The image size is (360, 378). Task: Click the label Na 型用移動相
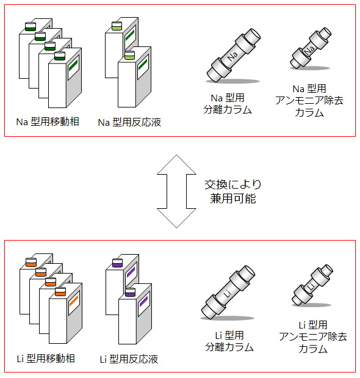(48, 122)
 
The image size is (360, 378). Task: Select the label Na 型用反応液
(129, 122)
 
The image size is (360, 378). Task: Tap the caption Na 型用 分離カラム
(228, 104)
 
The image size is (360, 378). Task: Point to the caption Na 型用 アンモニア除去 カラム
(309, 101)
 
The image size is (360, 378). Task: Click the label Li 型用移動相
(46, 358)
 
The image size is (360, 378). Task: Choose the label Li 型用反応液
(129, 359)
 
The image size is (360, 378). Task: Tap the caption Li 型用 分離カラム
(229, 341)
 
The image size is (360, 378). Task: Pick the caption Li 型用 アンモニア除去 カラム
(313, 336)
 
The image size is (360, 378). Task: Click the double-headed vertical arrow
(176, 191)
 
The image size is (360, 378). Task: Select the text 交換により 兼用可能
(233, 192)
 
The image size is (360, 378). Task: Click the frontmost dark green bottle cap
(60, 56)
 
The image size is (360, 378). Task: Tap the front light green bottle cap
(129, 55)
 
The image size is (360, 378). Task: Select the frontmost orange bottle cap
(60, 292)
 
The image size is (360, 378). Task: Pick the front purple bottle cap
(130, 292)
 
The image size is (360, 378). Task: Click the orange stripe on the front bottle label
(74, 301)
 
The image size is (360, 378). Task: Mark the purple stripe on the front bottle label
(144, 302)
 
